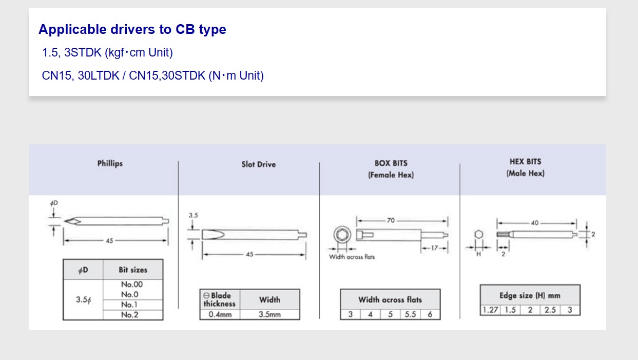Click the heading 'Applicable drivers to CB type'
click(x=132, y=29)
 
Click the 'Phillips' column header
click(x=110, y=164)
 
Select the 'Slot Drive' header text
click(x=258, y=164)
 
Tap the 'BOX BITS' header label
click(x=391, y=163)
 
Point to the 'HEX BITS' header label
click(x=525, y=162)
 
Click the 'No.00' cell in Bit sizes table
click(x=132, y=285)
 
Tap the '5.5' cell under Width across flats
click(x=410, y=314)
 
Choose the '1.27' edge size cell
click(x=490, y=310)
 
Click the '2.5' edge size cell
click(x=550, y=310)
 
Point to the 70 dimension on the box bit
click(x=391, y=220)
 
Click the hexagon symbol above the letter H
click(x=478, y=235)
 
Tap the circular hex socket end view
click(x=341, y=235)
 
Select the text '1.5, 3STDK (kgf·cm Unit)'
click(x=107, y=52)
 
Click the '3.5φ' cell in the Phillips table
click(x=83, y=299)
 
